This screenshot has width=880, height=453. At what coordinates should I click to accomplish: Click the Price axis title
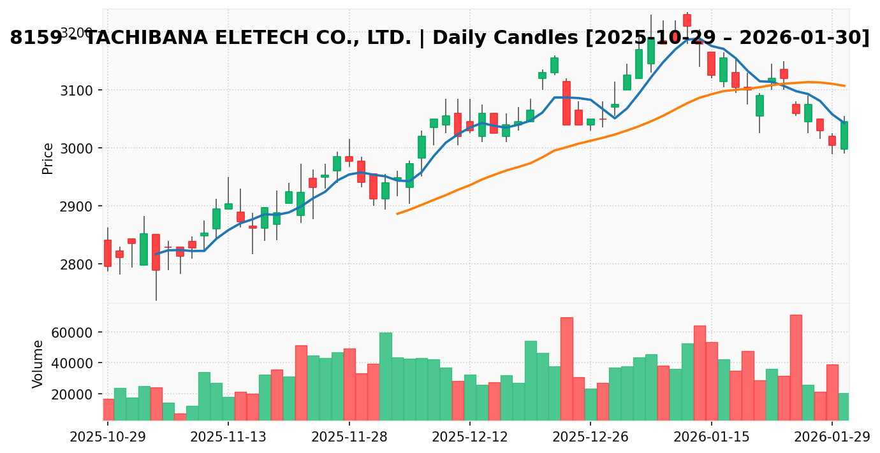coord(48,158)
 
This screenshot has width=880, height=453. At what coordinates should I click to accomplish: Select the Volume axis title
coord(38,364)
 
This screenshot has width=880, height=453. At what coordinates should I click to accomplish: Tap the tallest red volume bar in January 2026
coord(796,367)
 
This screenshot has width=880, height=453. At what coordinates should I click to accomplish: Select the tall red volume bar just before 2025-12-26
coord(566,368)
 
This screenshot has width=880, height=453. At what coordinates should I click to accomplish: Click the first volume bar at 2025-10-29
coord(108,409)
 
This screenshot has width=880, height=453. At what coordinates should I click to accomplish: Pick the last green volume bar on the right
coord(844,406)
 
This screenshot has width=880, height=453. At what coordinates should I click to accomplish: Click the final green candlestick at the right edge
coord(844,135)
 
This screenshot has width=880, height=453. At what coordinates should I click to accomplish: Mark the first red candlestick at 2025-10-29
coord(108,253)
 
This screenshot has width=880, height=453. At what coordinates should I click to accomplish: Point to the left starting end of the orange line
coord(397,213)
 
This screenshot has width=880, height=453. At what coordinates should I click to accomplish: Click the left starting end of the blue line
coord(156,254)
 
